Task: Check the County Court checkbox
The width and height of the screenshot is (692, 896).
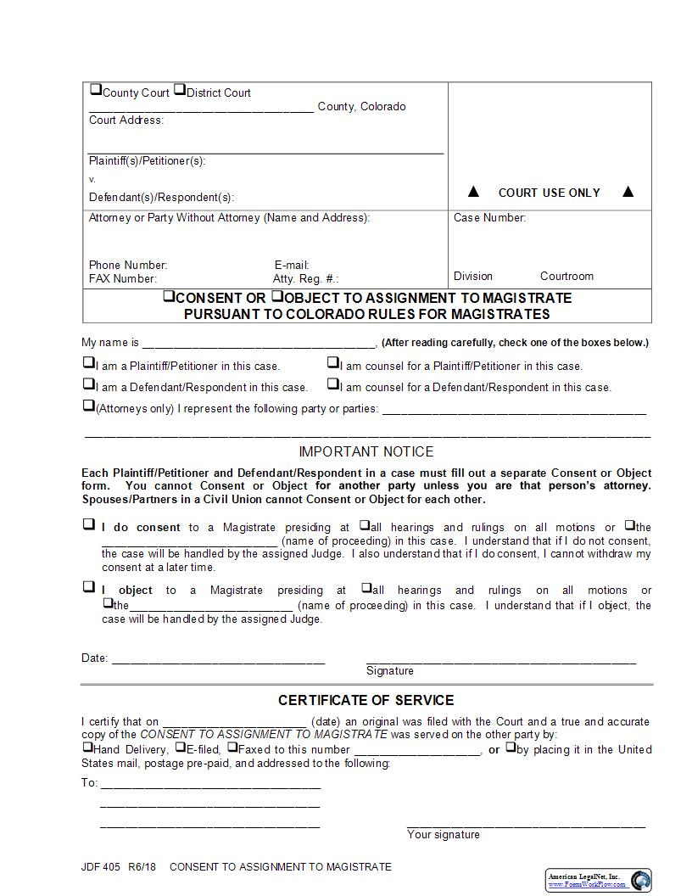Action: coord(95,90)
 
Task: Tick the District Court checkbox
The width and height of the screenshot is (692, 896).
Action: coord(179,90)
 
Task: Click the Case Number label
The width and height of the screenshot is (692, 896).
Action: coord(489,218)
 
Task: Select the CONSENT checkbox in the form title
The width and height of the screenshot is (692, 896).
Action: coord(169,296)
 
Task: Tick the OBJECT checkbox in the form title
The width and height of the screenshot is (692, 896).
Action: coord(276,296)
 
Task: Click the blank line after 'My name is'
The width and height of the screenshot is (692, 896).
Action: coord(259,344)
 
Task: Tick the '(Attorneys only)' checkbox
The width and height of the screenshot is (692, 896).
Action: coord(88,406)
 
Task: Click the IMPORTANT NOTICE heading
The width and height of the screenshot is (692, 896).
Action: coord(366,452)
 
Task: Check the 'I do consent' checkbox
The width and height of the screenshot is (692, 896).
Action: coord(88,524)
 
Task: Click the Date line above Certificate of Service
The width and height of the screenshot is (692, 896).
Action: coord(218,660)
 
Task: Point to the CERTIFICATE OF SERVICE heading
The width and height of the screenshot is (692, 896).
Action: coord(366,701)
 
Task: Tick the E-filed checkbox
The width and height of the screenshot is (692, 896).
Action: coord(180,748)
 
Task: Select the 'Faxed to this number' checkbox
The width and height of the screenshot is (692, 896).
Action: coord(232,748)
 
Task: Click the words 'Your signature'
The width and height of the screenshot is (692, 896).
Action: coord(444,835)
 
